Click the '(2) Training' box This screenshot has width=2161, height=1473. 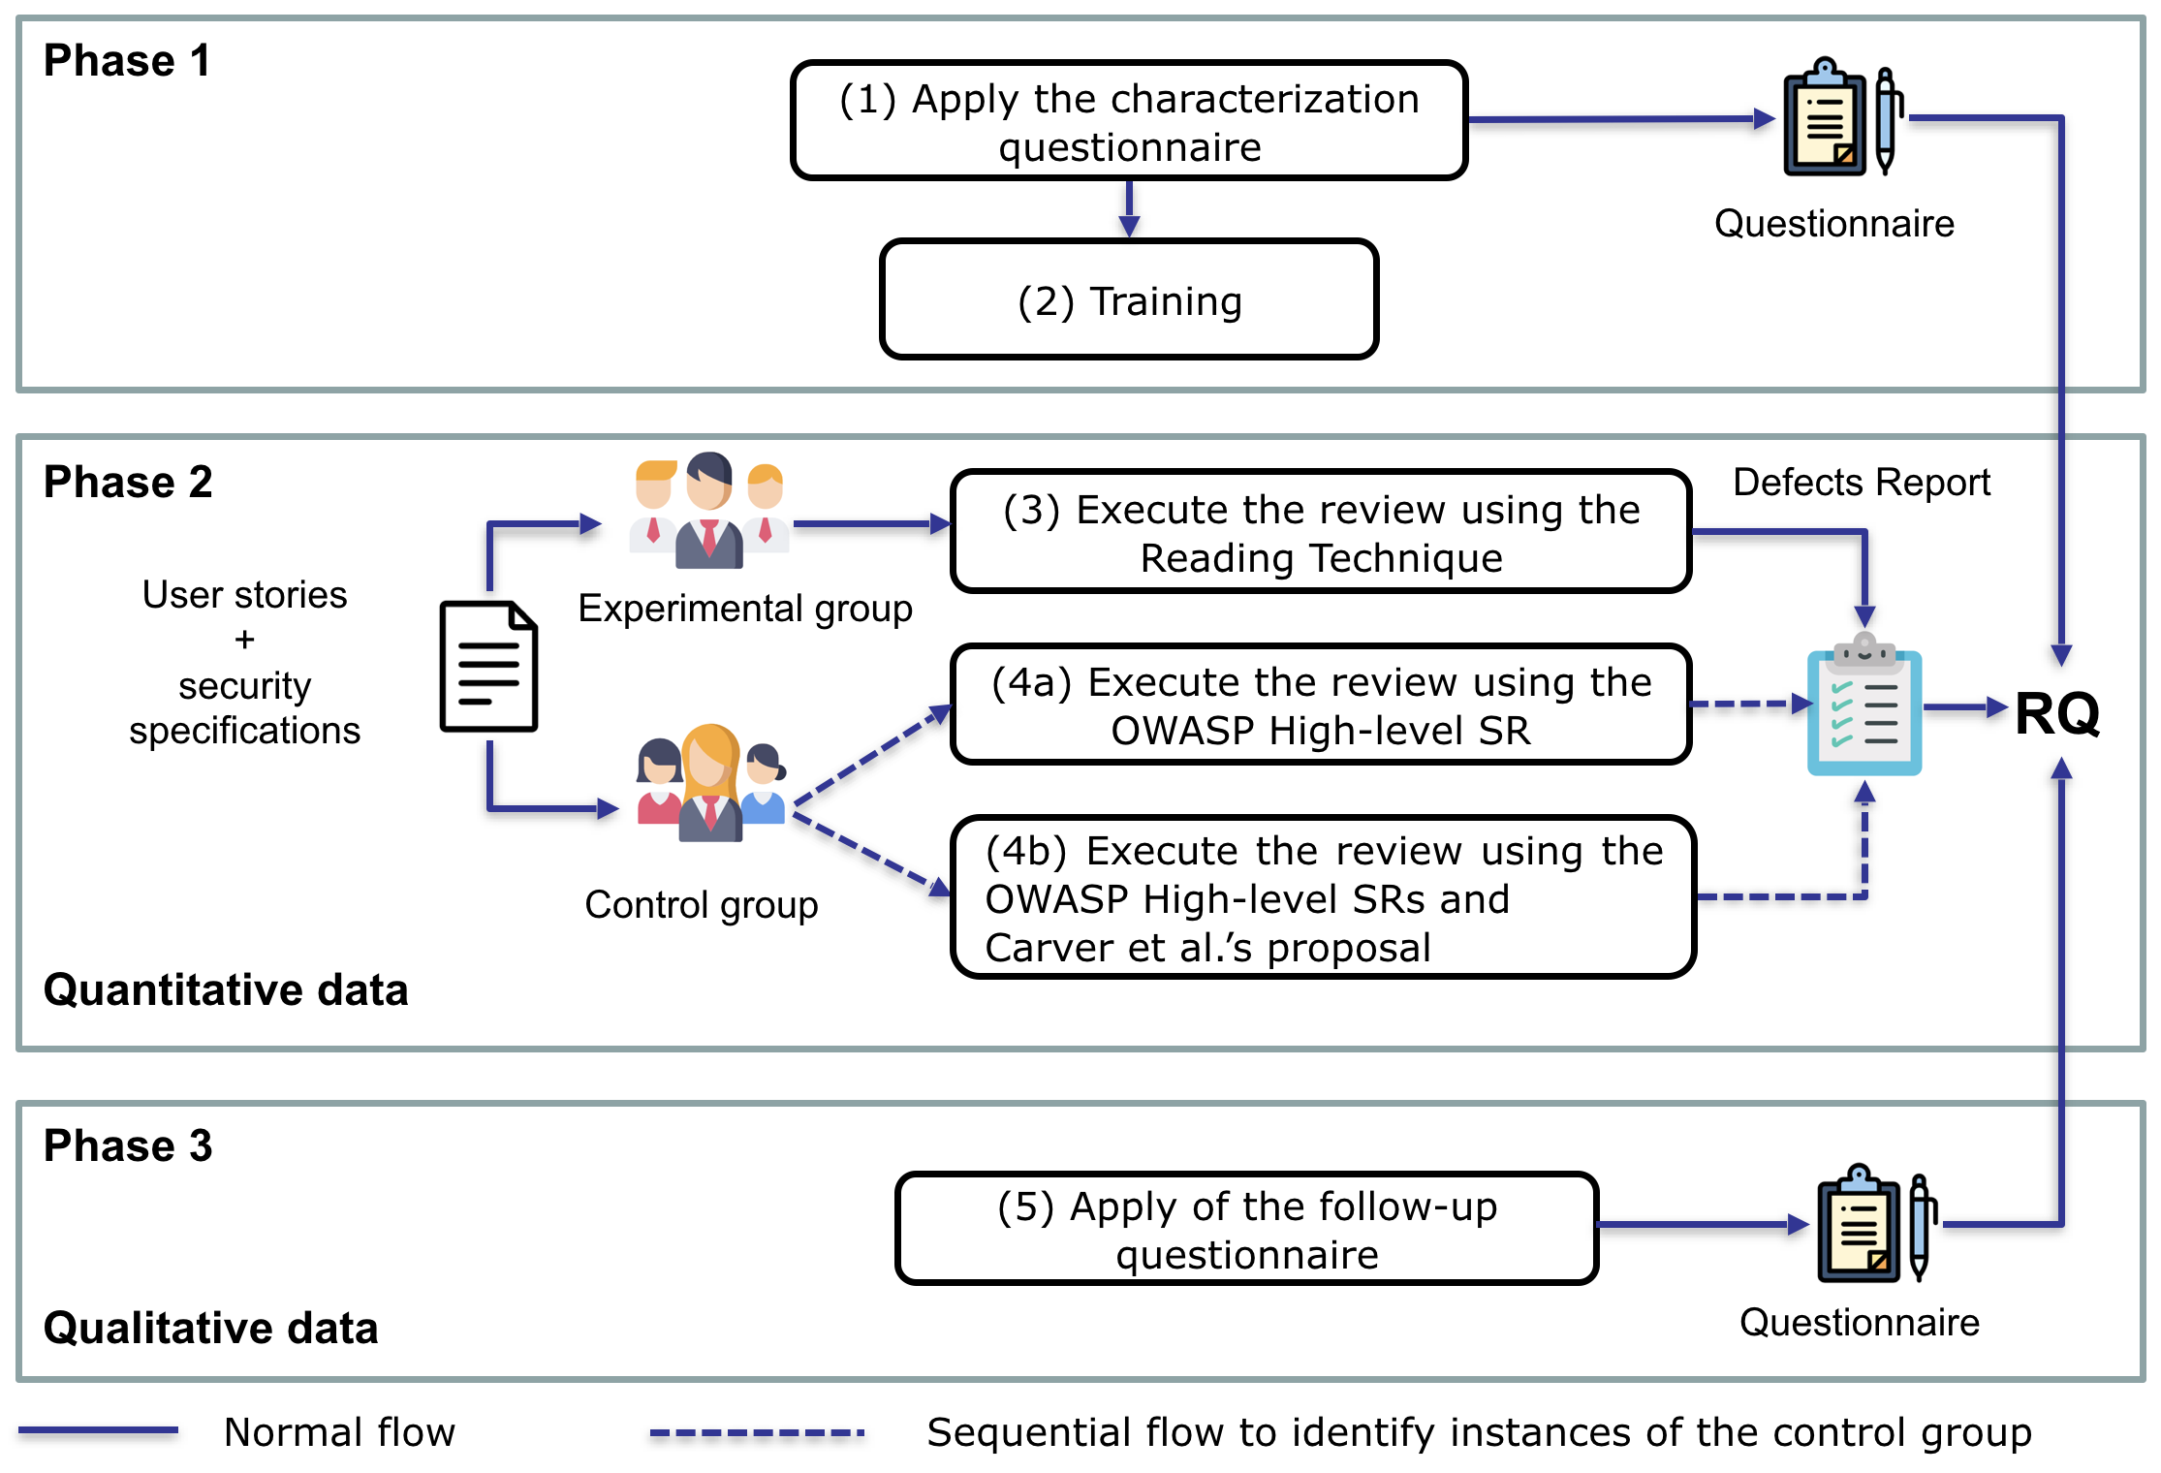(1128, 300)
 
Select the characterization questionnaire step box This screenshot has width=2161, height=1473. (1128, 121)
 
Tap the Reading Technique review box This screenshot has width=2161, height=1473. (1321, 532)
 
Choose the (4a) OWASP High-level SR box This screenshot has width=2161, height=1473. (1321, 705)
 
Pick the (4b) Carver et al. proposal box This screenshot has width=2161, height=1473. (1323, 897)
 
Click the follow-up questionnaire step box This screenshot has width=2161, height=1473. (1246, 1229)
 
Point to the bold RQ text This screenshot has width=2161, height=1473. (2056, 713)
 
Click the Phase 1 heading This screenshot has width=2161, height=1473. (127, 61)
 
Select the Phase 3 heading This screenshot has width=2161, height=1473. (128, 1145)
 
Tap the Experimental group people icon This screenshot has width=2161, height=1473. (709, 511)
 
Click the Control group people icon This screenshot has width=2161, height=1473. (710, 783)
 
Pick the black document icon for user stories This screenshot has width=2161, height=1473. (488, 666)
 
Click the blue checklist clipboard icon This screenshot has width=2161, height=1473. (1863, 705)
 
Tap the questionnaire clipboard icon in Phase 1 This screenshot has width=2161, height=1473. (1841, 118)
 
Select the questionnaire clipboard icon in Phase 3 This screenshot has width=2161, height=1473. (1875, 1225)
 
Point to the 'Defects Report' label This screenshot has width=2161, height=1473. (1861, 482)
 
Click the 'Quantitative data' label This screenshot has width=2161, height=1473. (226, 989)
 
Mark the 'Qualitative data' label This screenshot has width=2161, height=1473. (210, 1328)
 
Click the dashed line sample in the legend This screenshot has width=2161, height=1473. (757, 1431)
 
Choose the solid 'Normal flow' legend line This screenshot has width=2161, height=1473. (98, 1430)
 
